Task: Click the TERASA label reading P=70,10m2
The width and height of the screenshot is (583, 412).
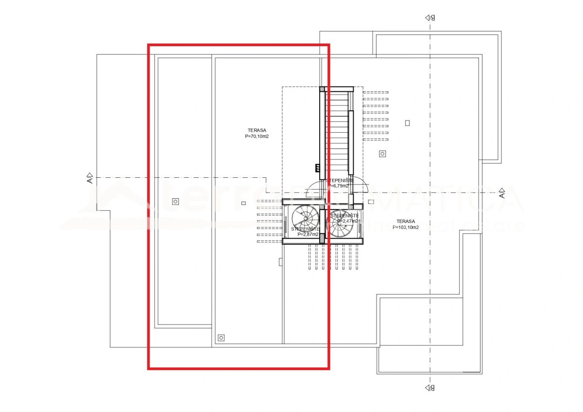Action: point(257,134)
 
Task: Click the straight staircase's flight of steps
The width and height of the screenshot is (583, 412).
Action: point(337,131)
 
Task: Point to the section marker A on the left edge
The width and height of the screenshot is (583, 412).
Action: point(89,178)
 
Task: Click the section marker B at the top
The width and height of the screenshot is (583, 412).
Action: point(429,17)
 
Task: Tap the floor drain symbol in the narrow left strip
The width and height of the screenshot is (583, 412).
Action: point(175,201)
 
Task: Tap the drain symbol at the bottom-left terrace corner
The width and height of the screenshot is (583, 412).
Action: point(222,337)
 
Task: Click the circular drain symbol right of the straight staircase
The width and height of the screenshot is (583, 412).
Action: point(382,154)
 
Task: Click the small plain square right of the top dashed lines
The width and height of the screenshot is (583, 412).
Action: point(407,123)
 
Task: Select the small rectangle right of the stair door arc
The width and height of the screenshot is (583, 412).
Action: point(371,202)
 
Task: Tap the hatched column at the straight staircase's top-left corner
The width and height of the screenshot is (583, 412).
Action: point(322,89)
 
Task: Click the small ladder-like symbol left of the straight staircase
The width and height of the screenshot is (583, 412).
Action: point(317,168)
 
